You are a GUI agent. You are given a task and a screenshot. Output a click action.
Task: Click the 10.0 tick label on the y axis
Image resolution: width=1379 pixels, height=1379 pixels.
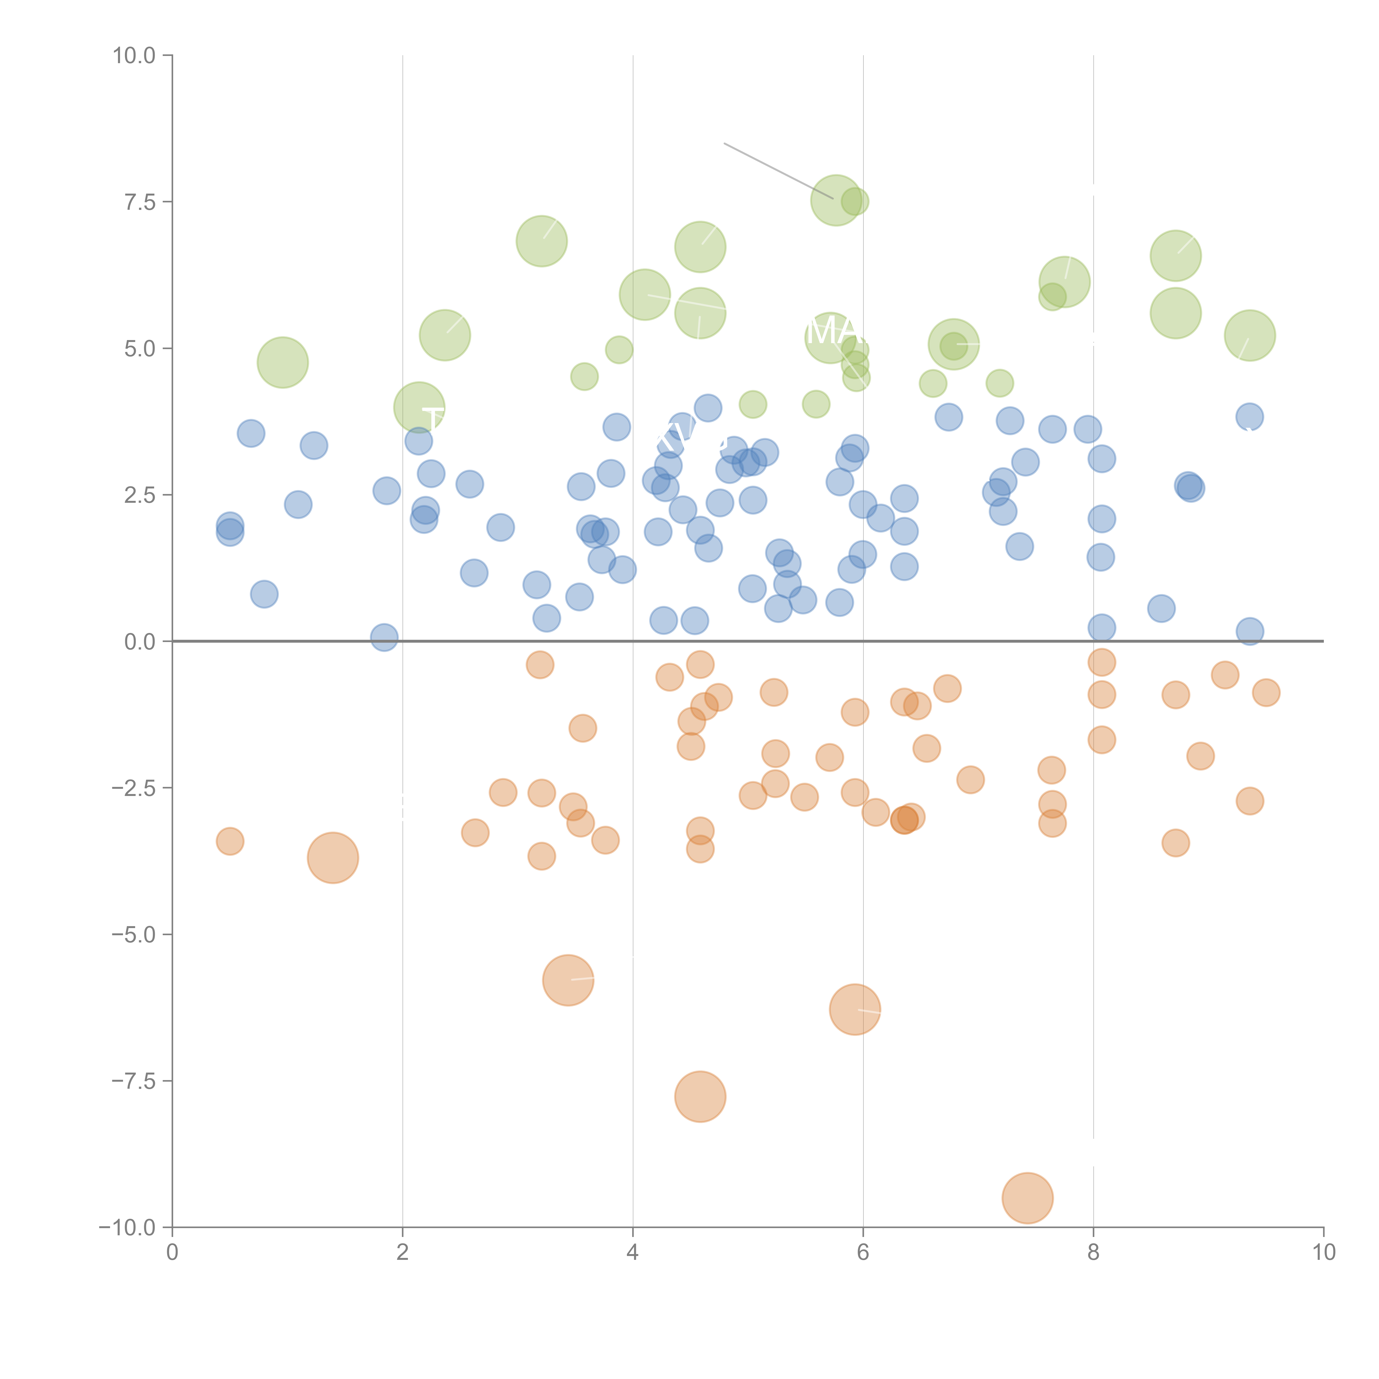coord(134,56)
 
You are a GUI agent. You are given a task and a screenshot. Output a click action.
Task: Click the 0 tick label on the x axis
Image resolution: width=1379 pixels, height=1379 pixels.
coord(172,1253)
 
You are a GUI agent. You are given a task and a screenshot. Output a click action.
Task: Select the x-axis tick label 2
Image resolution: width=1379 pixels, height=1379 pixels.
coord(403,1253)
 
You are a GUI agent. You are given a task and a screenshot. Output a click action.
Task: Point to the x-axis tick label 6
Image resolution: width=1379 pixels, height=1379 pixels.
coord(863,1253)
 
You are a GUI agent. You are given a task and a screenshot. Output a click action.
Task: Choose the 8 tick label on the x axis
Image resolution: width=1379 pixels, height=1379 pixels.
coord(1094,1253)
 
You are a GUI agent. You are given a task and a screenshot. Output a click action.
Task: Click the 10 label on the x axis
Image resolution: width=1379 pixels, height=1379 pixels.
coord(1323,1253)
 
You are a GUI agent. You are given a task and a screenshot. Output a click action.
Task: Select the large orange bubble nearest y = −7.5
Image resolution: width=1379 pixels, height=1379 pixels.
coord(700,1096)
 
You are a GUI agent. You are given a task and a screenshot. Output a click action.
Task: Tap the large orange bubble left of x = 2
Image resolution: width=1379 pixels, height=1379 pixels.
coord(333,858)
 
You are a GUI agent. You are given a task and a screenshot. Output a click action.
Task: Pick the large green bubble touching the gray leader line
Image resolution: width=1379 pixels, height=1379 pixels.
coord(837,201)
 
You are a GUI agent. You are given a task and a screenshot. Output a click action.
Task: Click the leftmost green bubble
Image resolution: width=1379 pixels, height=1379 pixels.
coord(283,363)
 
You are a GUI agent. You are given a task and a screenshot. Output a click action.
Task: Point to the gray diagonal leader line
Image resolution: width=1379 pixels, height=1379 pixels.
coord(778,171)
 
